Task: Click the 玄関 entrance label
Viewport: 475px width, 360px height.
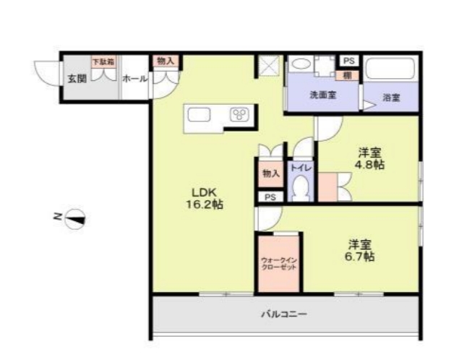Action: pyautogui.click(x=77, y=78)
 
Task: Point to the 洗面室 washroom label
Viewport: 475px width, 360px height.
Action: pyautogui.click(x=322, y=95)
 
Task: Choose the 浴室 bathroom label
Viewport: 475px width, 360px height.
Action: pyautogui.click(x=392, y=96)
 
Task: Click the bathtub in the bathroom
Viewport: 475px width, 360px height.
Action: pyautogui.click(x=390, y=70)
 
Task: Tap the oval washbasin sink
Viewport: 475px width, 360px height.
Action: pyautogui.click(x=301, y=64)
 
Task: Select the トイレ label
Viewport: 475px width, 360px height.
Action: pyautogui.click(x=301, y=168)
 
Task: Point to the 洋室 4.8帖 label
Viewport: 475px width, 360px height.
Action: pyautogui.click(x=370, y=158)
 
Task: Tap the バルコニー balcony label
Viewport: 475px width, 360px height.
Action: pyautogui.click(x=284, y=314)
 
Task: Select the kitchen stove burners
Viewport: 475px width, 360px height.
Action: pyautogui.click(x=239, y=114)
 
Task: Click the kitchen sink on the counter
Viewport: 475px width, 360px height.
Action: pyautogui.click(x=199, y=114)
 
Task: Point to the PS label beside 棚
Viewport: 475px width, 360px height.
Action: pyautogui.click(x=348, y=61)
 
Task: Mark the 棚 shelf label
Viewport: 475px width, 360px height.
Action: pyautogui.click(x=347, y=74)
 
